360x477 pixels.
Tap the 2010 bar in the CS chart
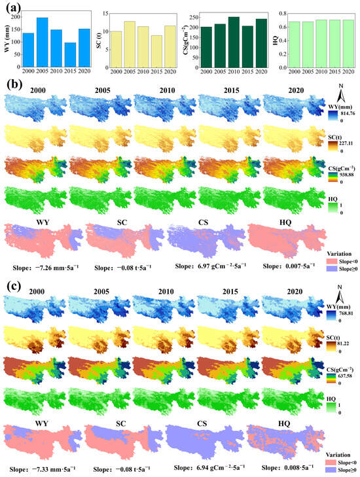[x=233, y=39]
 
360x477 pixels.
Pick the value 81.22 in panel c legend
[x=340, y=342]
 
